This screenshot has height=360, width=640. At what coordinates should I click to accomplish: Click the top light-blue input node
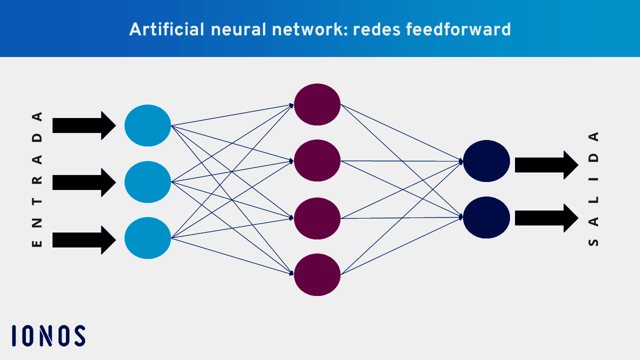point(147,125)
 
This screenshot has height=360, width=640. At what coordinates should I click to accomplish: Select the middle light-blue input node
point(147,182)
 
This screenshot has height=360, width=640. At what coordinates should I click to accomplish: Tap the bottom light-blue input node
point(147,238)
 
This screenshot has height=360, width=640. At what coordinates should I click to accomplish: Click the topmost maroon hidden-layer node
point(317,104)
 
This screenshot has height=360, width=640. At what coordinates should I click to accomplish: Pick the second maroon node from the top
point(317,160)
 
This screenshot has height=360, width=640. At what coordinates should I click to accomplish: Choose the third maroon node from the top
point(317,218)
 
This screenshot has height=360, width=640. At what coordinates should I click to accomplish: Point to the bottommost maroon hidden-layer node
point(317,274)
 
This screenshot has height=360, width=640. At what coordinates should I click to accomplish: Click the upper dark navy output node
point(486,161)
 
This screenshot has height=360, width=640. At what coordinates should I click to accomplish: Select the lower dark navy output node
point(486,217)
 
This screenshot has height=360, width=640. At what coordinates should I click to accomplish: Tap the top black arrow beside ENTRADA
point(84,125)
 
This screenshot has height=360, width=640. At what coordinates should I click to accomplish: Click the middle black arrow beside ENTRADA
point(84,182)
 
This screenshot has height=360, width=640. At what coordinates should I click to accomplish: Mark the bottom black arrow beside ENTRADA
point(84,240)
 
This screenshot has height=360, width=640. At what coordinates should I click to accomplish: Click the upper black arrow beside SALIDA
point(546,165)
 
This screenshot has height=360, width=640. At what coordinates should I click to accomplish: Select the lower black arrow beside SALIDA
point(546,218)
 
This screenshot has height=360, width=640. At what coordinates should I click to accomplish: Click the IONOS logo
point(48,335)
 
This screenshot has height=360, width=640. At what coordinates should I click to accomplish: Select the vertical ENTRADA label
point(37,179)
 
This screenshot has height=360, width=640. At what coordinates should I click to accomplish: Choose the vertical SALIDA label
point(593,189)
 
